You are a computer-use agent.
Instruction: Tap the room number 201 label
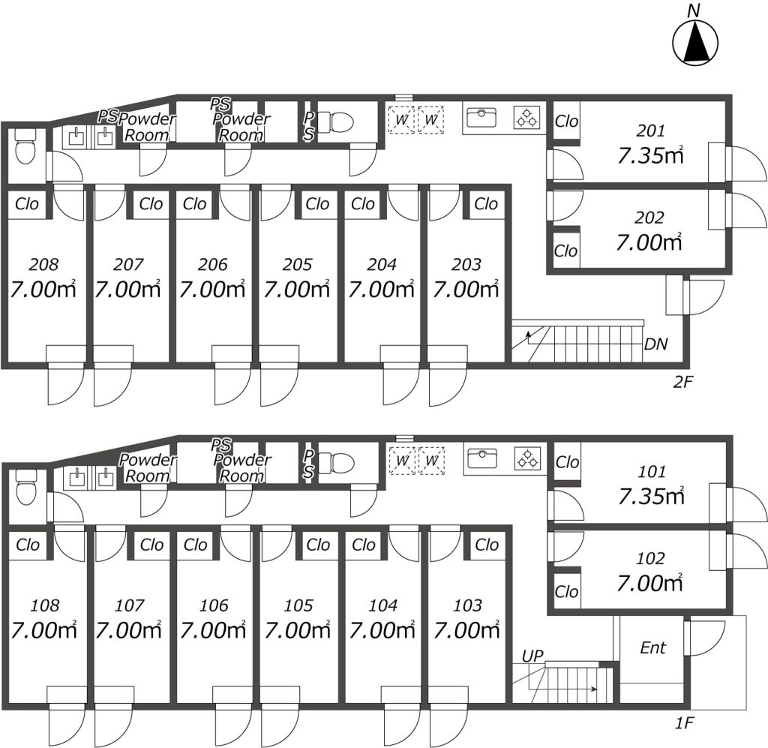coord(651,131)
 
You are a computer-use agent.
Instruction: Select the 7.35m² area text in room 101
coord(651,496)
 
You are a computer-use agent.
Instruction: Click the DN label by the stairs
coord(656,344)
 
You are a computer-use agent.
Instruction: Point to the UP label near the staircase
coord(532,656)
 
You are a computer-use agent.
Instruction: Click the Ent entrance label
coord(653,647)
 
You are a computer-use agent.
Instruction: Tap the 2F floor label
coord(683,382)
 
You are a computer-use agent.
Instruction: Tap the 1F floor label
coord(684,722)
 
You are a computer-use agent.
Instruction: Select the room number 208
coord(43,265)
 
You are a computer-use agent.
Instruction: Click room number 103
coord(467,605)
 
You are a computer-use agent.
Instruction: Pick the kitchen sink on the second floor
coord(481,118)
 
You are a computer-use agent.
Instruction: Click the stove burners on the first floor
coord(527,459)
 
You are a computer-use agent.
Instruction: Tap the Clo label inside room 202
coord(565,251)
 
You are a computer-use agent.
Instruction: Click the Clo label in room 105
coord(318,545)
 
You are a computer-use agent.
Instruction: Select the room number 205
coord(297,265)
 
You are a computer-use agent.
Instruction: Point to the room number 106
coord(214,605)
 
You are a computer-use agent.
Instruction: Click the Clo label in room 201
coord(566,121)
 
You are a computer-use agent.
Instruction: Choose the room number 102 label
coord(650,558)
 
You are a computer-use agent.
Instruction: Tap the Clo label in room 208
coord(27,204)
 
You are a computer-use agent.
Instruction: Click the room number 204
coord(382,265)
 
